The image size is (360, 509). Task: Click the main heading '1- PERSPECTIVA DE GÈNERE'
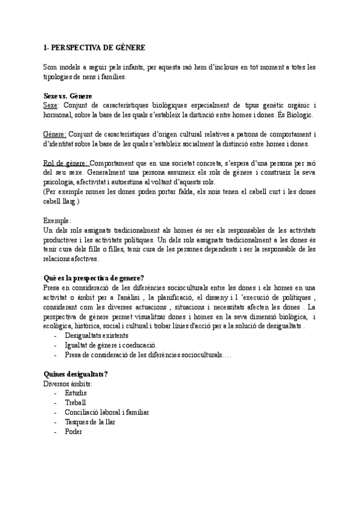click(x=95, y=47)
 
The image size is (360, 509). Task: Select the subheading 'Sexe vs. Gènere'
click(x=67, y=96)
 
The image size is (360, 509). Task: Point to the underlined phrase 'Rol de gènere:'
click(x=66, y=163)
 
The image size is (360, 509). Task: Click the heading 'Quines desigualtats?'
click(x=76, y=375)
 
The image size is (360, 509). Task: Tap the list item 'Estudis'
click(x=76, y=393)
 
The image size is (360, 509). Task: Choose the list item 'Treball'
click(x=76, y=403)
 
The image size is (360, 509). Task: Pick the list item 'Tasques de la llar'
click(x=90, y=422)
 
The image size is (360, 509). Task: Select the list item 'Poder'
click(x=74, y=432)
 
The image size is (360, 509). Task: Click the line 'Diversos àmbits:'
click(x=67, y=384)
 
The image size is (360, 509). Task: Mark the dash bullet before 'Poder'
click(x=56, y=432)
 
